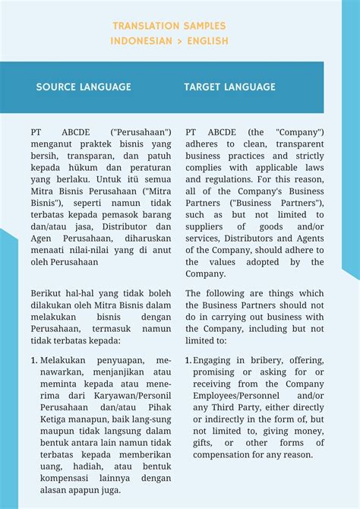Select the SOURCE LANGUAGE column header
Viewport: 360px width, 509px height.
tap(84, 87)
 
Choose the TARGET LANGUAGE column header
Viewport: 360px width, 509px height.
tap(229, 87)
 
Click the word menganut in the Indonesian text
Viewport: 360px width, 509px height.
tap(52, 144)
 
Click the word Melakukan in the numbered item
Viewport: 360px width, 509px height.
tap(64, 359)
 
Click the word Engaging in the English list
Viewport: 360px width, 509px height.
tap(216, 359)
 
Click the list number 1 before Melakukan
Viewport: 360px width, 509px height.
tap(34, 359)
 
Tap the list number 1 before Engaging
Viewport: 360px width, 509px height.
tap(188, 359)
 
